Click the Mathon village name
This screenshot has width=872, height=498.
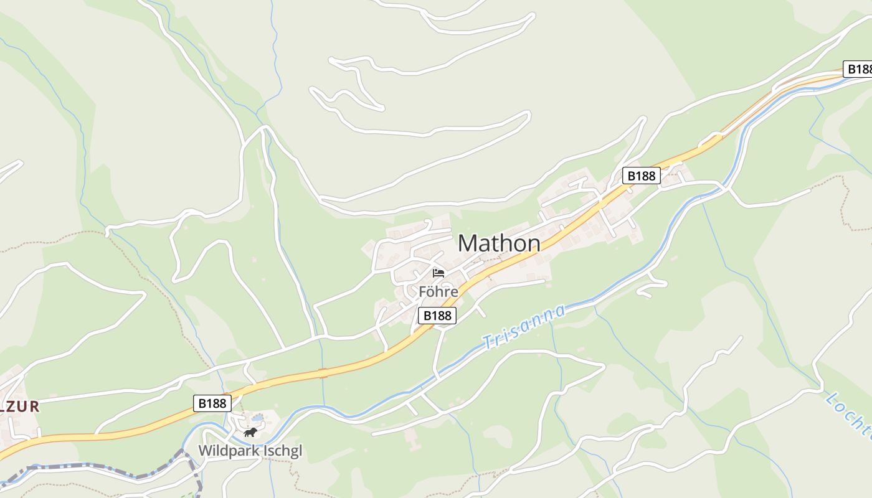point(499,243)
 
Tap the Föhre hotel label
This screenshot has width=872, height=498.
point(438,291)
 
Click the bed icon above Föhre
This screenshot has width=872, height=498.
point(438,273)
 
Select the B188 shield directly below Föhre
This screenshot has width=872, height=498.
point(437,316)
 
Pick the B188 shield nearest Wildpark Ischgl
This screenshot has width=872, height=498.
point(212,403)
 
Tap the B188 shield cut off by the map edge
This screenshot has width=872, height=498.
point(859,69)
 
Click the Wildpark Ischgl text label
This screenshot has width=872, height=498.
point(250,451)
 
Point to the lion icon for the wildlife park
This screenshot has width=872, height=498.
point(250,432)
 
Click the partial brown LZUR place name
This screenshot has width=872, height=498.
point(20,407)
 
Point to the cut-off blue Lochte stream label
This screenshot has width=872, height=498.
point(848,415)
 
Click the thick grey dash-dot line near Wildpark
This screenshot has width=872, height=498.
point(93,466)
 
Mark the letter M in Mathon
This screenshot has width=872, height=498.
point(468,243)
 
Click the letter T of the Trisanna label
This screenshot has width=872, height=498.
point(488,343)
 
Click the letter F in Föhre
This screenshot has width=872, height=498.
point(422,291)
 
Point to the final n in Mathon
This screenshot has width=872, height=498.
point(533,243)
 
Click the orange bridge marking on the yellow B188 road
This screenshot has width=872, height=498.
point(323,372)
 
